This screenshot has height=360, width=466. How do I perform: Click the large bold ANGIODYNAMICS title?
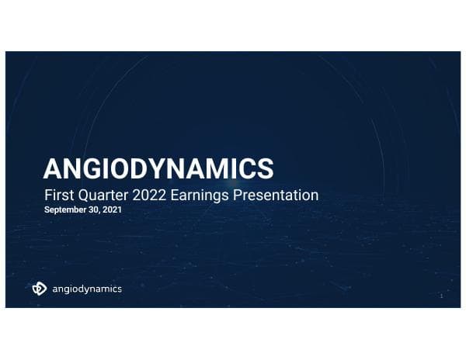click(158, 168)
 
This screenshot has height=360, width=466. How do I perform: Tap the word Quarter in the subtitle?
click(102, 196)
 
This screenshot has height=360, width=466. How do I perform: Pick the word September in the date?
click(64, 210)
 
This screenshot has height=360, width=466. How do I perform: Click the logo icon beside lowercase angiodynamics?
click(39, 289)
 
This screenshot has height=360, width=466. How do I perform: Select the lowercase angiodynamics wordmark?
click(86, 289)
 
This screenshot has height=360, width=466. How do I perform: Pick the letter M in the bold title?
click(221, 168)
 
